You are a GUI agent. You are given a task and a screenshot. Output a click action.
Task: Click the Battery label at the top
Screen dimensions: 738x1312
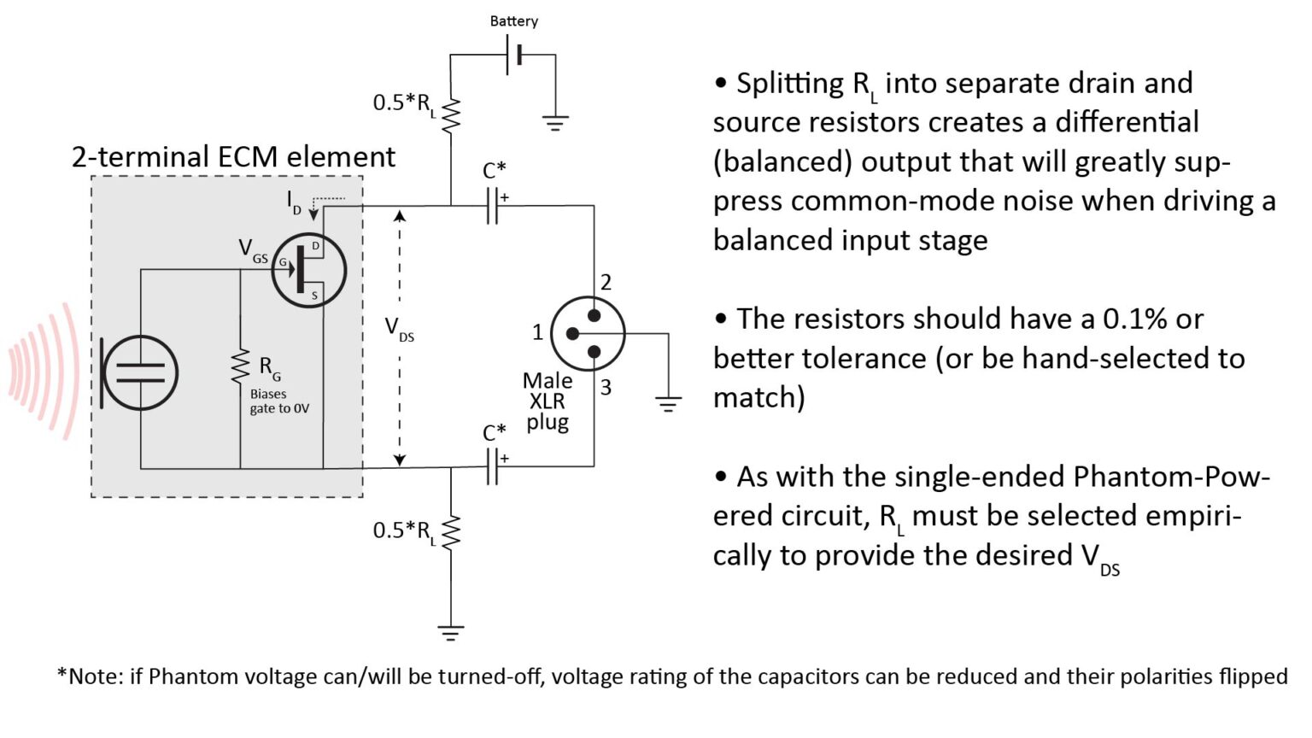(513, 21)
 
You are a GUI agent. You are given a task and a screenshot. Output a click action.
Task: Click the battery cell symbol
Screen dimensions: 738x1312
(514, 56)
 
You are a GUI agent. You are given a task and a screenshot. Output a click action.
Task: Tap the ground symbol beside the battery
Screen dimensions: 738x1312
(555, 123)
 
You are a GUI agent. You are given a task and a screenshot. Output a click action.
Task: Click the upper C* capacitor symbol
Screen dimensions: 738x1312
(492, 206)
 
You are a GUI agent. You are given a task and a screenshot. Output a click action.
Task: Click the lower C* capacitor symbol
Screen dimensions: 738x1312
(492, 467)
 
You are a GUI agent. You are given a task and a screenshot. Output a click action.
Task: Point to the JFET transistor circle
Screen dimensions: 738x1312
(308, 271)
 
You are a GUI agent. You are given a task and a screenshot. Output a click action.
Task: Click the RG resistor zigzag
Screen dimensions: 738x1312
(241, 367)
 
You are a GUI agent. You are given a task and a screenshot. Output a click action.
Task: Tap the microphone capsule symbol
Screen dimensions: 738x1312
(139, 373)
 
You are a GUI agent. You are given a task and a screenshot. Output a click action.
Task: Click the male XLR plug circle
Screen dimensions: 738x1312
(588, 333)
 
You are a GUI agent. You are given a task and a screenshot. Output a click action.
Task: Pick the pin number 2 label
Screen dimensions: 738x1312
(606, 283)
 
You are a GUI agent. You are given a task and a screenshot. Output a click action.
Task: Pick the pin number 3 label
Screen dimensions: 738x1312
(606, 387)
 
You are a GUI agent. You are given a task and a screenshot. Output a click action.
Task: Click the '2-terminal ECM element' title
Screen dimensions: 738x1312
(233, 157)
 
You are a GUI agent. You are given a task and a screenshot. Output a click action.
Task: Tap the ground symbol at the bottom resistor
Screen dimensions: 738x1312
(451, 633)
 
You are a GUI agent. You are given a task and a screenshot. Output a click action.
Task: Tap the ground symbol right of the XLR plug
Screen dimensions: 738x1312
(668, 403)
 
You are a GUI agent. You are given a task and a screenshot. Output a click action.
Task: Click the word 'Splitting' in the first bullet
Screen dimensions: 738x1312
(789, 84)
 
